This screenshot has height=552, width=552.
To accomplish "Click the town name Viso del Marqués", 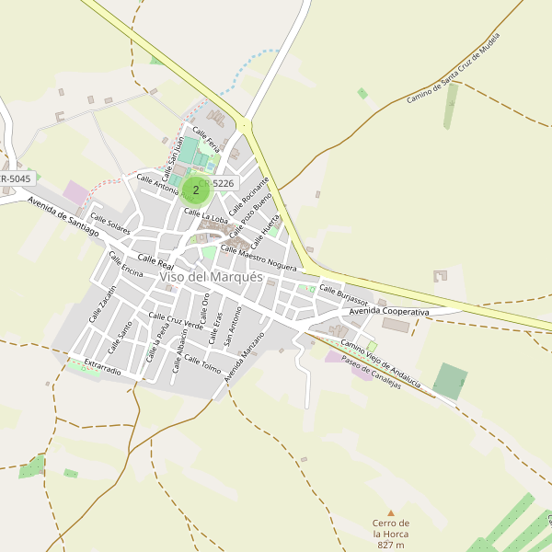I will pyautogui.click(x=211, y=277).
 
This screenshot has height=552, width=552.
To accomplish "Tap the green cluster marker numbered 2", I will pyautogui.click(x=195, y=190).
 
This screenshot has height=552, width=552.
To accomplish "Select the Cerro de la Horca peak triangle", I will pyautogui.click(x=390, y=513).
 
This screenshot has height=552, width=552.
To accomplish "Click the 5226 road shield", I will pyautogui.click(x=224, y=184).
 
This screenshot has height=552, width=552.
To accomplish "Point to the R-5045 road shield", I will pyautogui.click(x=17, y=178).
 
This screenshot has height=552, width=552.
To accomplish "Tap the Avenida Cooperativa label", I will pyautogui.click(x=389, y=313).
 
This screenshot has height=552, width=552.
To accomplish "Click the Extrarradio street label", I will pyautogui.click(x=102, y=368).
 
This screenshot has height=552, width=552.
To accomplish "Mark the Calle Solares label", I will pyautogui.click(x=110, y=224).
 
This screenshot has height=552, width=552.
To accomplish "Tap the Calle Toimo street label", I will pyautogui.click(x=202, y=364).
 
